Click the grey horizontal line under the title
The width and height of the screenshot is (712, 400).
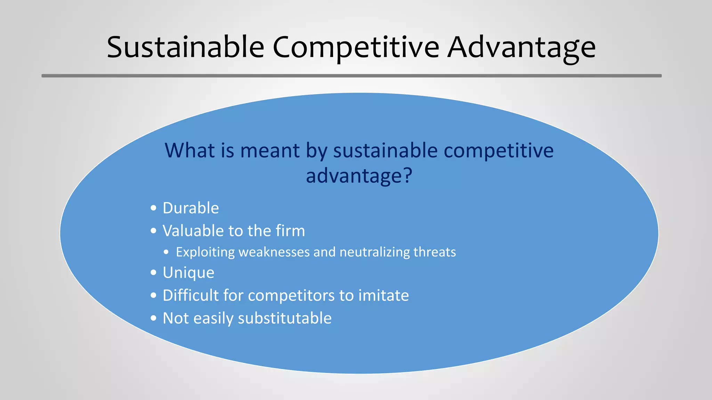coord(351,76)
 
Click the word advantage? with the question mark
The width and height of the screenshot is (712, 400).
coord(359,175)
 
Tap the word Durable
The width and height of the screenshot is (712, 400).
coord(191,208)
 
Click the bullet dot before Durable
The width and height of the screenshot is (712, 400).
coord(154,208)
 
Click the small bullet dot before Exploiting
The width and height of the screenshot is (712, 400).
coord(167,252)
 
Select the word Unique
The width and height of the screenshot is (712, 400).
coord(188,273)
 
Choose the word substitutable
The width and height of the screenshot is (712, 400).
coord(284,318)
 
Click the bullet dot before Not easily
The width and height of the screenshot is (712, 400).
coord(154,318)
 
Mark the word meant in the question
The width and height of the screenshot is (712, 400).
coord(270,150)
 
